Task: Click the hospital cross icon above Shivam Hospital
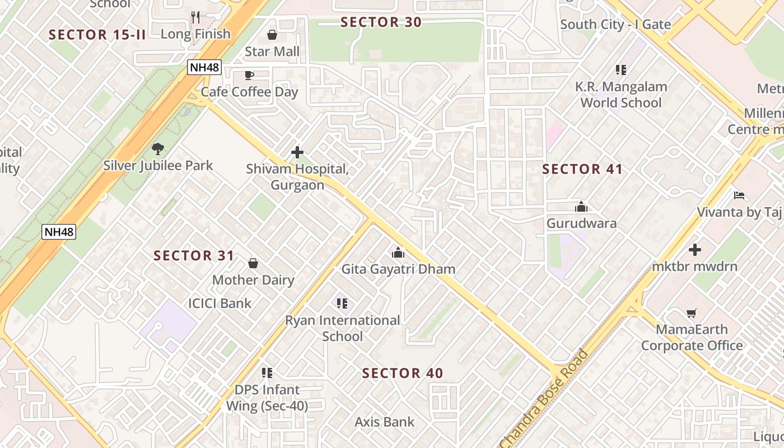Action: coord(297,152)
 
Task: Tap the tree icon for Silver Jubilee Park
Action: coord(158,149)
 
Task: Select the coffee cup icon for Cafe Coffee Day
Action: coord(249,76)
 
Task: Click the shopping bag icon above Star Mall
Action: coord(272,35)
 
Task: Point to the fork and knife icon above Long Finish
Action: coord(195,17)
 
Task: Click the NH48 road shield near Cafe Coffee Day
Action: coord(204,68)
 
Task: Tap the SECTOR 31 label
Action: coord(194,256)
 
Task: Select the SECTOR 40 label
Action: coord(402,374)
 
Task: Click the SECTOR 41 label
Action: coord(582,169)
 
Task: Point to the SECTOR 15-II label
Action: coord(97,35)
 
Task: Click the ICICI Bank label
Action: coord(220,304)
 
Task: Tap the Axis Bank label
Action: coord(385,422)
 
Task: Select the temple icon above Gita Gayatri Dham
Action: coord(398,253)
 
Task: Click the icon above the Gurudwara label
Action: coord(581,207)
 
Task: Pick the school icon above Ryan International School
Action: coord(342,304)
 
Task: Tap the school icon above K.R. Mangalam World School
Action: coord(620,70)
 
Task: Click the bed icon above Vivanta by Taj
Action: coord(739,195)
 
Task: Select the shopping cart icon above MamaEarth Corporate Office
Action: coord(692,313)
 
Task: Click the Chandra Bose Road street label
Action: coord(543,400)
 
